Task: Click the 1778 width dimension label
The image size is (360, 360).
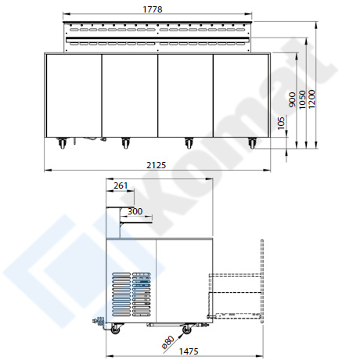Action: click(x=153, y=9)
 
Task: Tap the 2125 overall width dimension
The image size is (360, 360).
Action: click(x=156, y=165)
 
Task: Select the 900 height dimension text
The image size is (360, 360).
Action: click(x=293, y=99)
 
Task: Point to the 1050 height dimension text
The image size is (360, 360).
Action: click(x=302, y=100)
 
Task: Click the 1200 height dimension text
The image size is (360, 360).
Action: click(x=311, y=99)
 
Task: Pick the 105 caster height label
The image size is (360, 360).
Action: click(x=281, y=123)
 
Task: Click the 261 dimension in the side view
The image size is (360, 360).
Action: click(x=121, y=185)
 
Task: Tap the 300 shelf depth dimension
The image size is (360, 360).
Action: click(x=135, y=211)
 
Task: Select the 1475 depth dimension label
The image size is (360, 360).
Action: click(x=189, y=351)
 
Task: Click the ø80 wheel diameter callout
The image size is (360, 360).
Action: click(x=167, y=342)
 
